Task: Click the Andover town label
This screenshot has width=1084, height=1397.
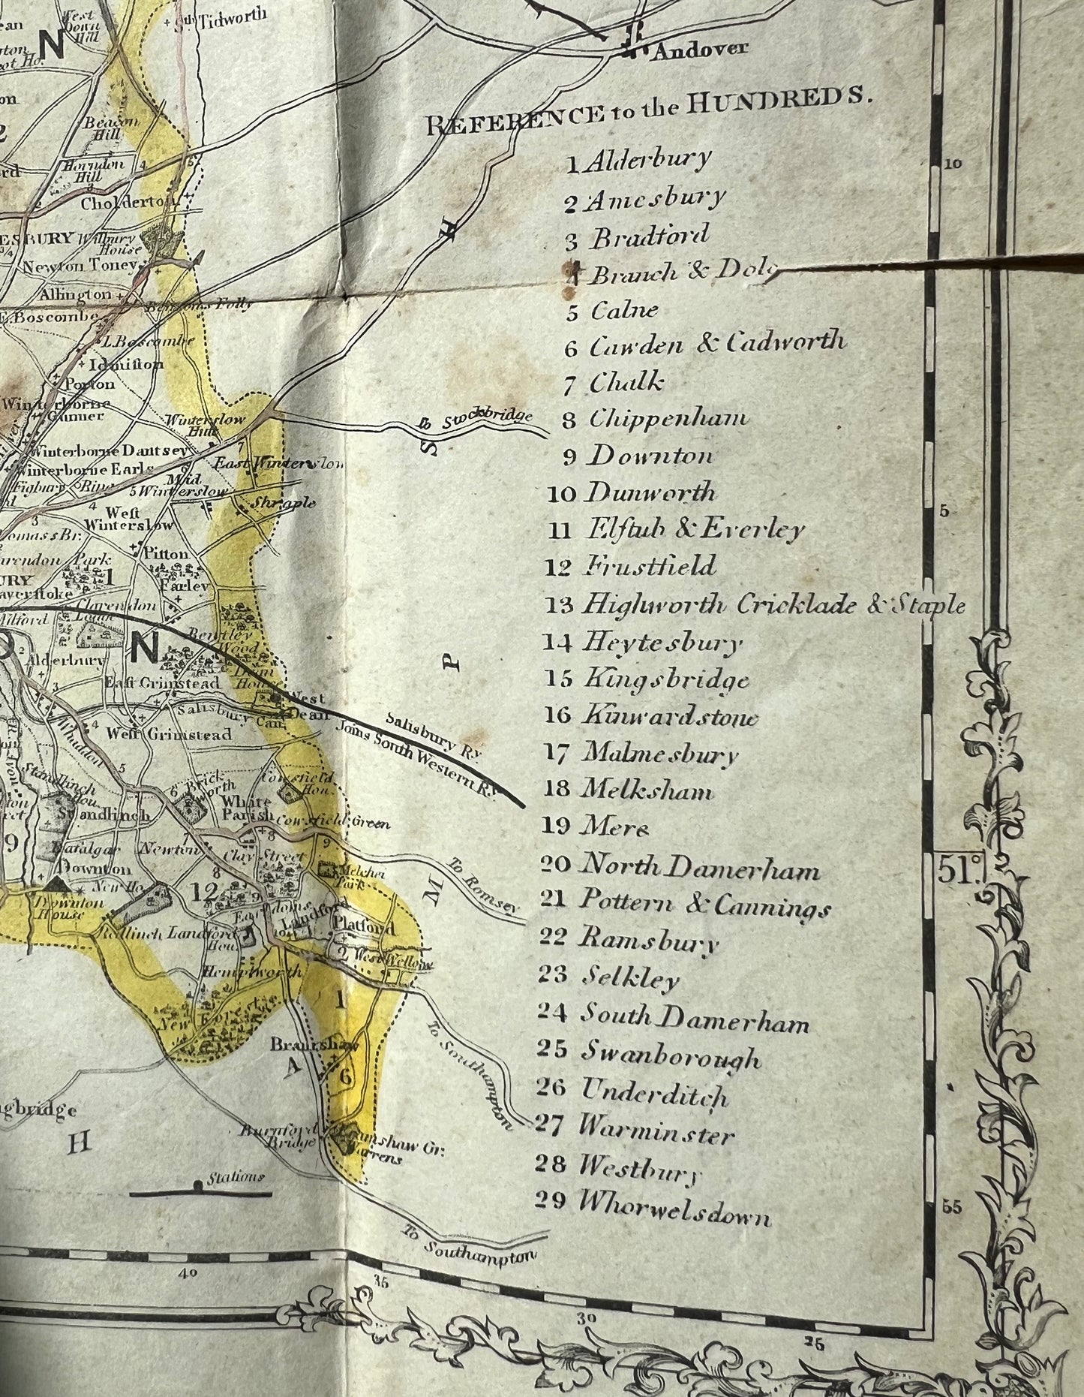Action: (x=701, y=50)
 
